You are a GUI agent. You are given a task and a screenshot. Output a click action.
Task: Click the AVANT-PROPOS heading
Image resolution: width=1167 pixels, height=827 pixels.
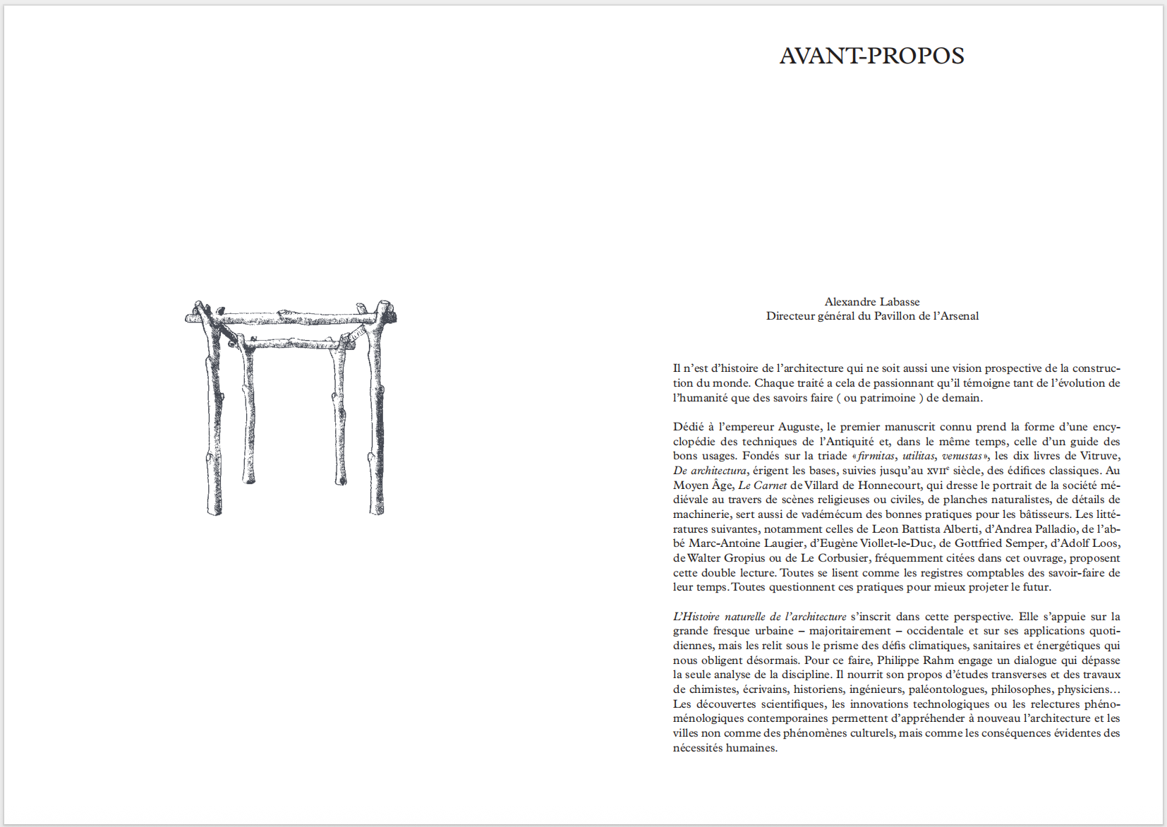point(871,56)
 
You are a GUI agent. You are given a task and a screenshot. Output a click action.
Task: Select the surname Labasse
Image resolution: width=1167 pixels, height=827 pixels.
point(897,302)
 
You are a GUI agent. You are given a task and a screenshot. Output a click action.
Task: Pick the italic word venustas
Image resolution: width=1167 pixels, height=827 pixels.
point(962,456)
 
